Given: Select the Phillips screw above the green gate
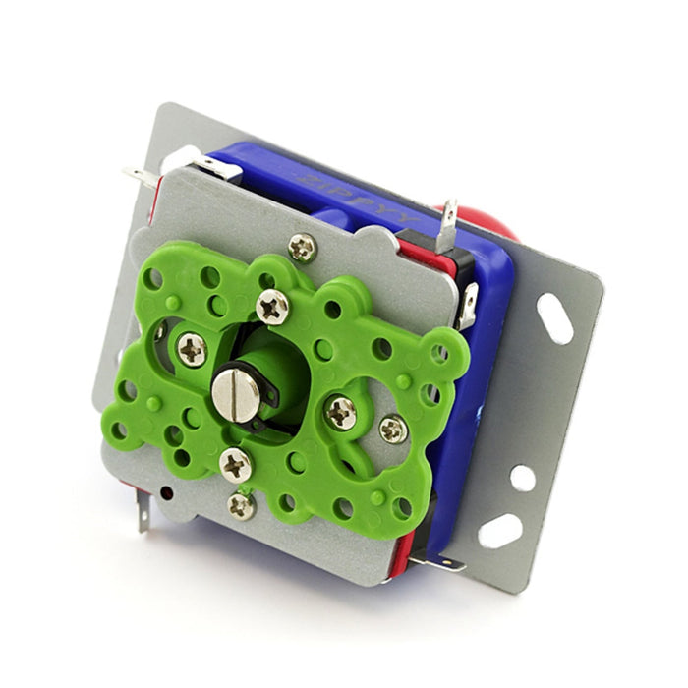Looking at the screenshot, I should [x=302, y=247].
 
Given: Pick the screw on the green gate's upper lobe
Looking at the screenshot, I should [x=272, y=307].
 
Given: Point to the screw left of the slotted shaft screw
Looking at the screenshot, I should [x=192, y=349].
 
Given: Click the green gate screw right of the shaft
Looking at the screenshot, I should [x=341, y=413].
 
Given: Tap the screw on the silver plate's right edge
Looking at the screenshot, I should [x=393, y=429].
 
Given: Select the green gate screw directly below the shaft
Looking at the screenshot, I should [x=236, y=464].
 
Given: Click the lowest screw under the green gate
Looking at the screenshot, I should [x=241, y=505].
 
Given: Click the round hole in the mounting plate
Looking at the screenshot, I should [x=522, y=479].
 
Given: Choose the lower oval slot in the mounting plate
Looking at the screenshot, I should [x=500, y=531].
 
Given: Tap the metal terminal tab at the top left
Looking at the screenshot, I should [x=143, y=177].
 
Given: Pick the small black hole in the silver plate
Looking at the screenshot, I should [x=166, y=490].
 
